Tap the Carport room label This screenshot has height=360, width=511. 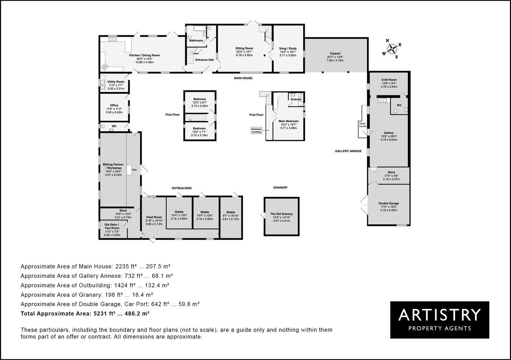coord(335,53)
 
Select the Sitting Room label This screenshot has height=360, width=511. coord(244,48)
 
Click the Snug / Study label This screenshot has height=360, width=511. coord(288,48)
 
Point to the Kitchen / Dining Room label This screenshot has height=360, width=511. coord(145,55)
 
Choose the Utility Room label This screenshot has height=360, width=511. coord(116,82)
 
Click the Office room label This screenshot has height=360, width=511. coord(114,105)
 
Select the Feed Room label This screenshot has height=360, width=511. coord(153,217)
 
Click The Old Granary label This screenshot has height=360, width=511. coord(282,214)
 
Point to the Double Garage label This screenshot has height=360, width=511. coord(389,203)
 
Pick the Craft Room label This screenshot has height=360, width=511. coord(389,80)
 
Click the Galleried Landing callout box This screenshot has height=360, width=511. coord(256,130)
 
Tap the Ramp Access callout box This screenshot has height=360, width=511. coord(363,125)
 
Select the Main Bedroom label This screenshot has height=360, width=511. coord(288,121)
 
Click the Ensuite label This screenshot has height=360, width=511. coord(296,99)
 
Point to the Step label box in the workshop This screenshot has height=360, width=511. coord(134,170)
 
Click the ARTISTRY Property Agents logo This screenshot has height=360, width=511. coord(439,320)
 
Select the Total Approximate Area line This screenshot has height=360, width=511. coord(85,313)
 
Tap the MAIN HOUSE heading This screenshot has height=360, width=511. coord(243,78)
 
